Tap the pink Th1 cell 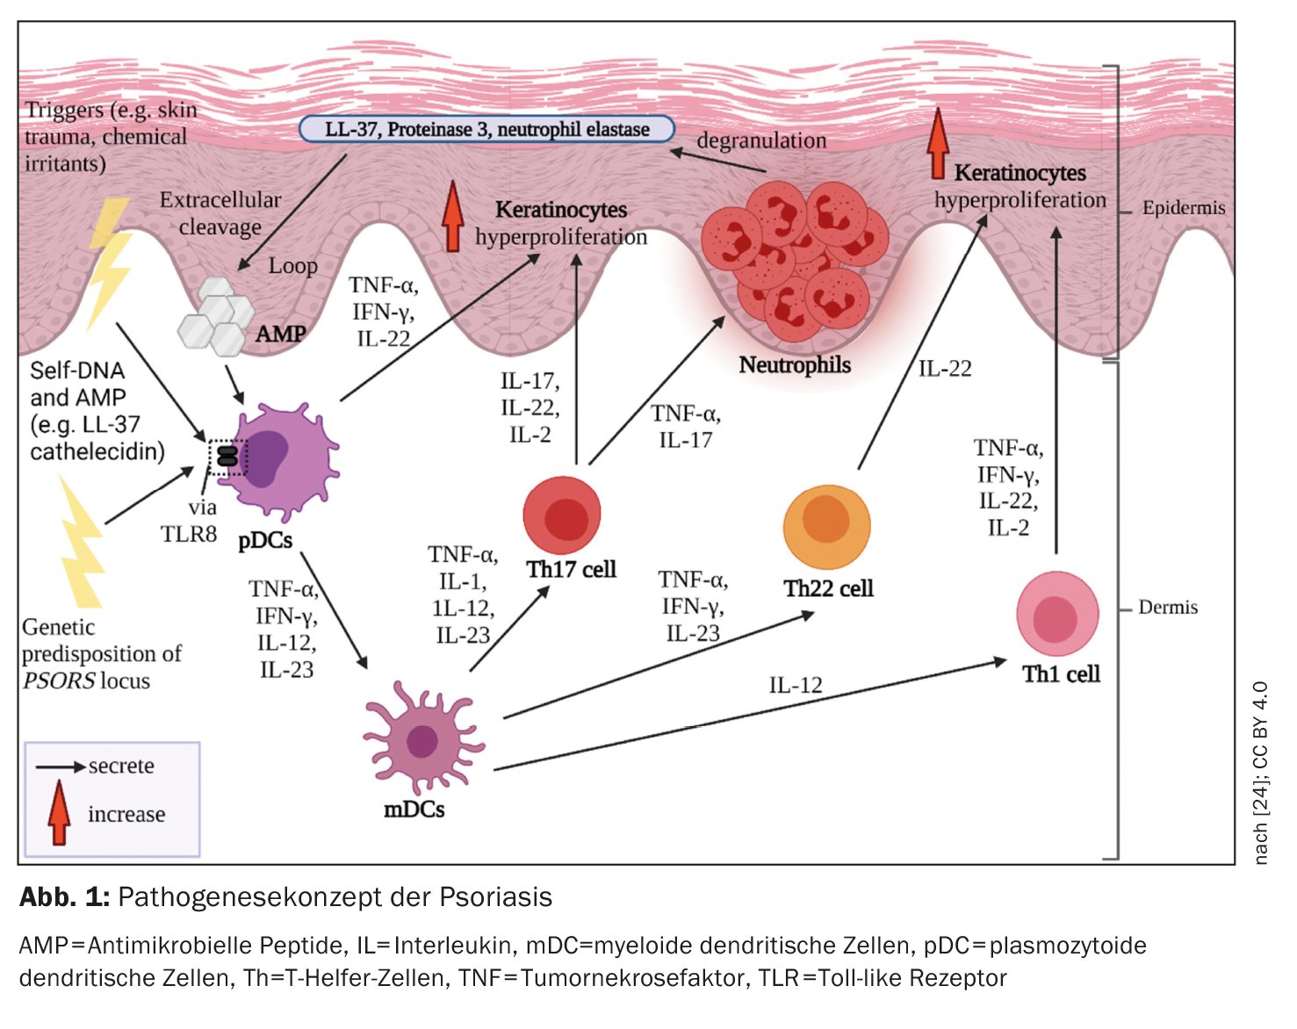(1057, 615)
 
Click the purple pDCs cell (283, 461)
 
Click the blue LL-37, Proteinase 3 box (486, 129)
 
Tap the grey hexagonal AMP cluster (215, 317)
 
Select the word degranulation (761, 140)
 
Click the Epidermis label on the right (1183, 208)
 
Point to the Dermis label (1167, 607)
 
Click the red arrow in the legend (59, 812)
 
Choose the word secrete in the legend (121, 766)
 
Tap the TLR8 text (188, 533)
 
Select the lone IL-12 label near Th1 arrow (796, 685)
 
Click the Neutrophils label (795, 364)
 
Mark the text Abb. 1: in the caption (64, 896)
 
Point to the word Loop (292, 265)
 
